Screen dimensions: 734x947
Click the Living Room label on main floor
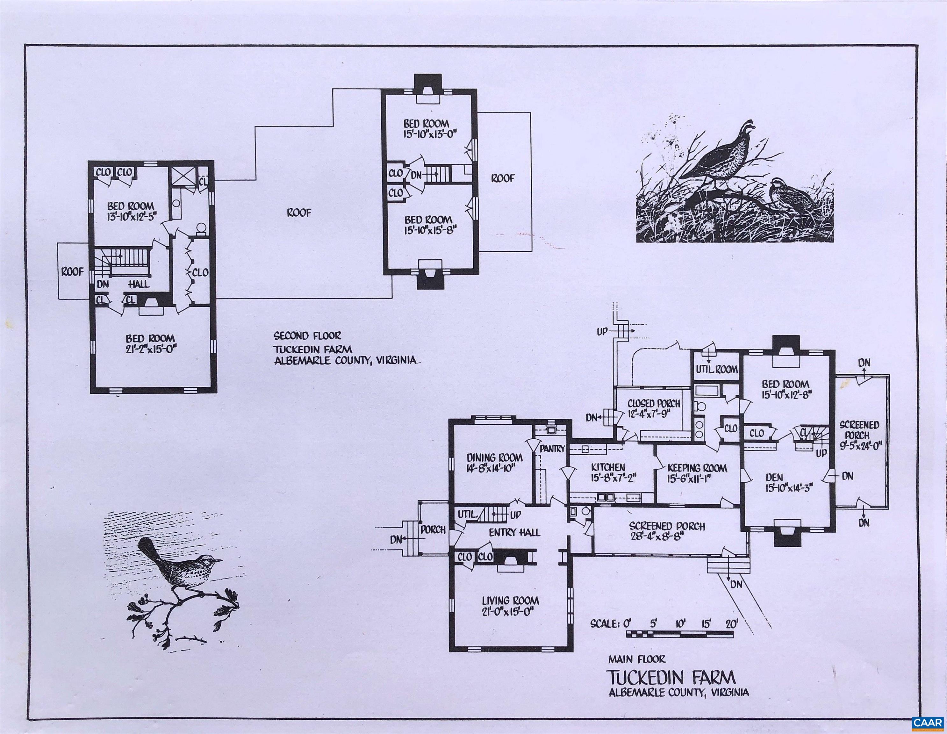[510, 601]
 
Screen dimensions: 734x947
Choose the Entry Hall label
[515, 532]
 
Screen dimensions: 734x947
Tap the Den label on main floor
[773, 477]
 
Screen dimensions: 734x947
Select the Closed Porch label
[654, 404]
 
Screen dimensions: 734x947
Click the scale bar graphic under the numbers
[679, 635]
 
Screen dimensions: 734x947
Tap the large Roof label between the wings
[299, 213]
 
